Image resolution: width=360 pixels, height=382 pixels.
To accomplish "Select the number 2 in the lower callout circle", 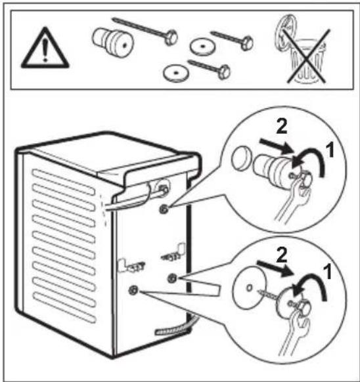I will (280, 253).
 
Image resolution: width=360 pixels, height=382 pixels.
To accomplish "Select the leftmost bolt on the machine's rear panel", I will (134, 289).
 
